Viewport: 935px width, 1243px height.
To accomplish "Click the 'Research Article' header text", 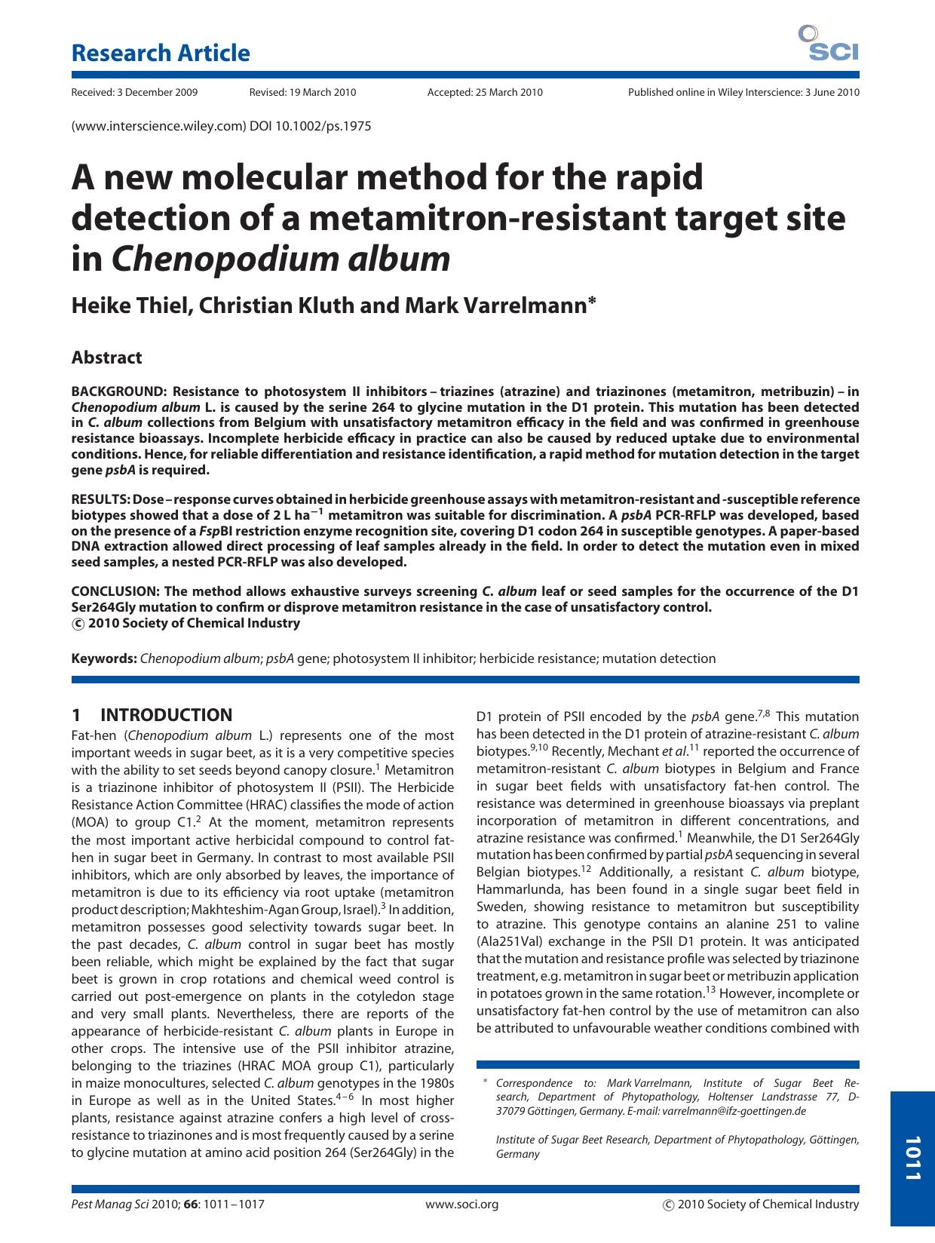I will tap(160, 54).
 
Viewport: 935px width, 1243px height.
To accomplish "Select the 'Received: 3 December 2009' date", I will tap(134, 93).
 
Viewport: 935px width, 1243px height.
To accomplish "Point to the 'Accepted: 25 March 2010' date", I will tap(484, 93).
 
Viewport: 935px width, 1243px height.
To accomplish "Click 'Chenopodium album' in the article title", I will tap(280, 259).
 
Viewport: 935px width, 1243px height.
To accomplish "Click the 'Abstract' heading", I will tap(106, 358).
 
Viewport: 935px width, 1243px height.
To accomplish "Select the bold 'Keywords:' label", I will tap(104, 658).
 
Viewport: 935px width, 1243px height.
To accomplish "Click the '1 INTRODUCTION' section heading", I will tap(152, 715).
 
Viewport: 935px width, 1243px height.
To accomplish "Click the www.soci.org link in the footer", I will tap(462, 1205).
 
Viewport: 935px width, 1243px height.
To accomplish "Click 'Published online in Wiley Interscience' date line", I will tap(743, 93).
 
